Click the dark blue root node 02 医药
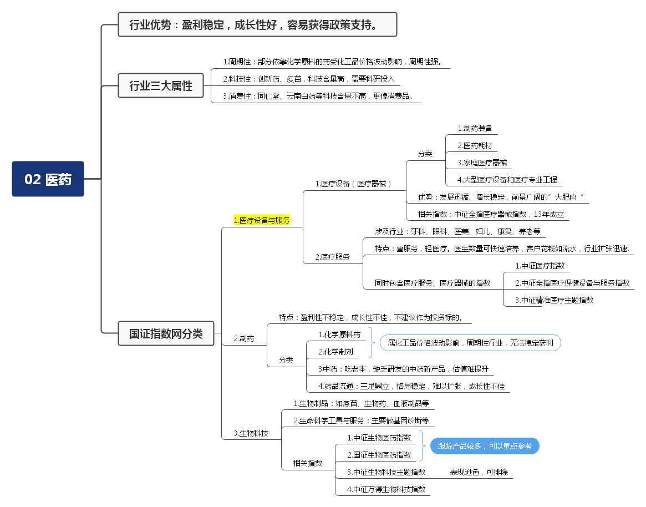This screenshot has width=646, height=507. [48, 179]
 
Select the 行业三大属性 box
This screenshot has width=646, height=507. [161, 85]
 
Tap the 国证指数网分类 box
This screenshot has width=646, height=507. [166, 333]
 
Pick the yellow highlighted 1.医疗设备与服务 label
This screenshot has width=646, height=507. [262, 220]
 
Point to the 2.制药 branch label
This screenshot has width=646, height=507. [244, 338]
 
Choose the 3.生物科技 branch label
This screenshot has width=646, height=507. [251, 433]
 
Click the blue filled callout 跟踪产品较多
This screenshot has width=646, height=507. [485, 446]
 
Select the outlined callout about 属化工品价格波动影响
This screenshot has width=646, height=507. [470, 343]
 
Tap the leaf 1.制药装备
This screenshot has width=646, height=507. [475, 128]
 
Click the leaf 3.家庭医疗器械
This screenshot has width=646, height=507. [482, 163]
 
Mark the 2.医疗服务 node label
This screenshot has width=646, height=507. [333, 257]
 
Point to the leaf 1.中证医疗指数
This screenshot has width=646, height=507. [540, 266]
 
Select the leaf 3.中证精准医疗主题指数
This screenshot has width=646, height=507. [555, 300]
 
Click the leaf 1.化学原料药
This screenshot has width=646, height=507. [339, 334]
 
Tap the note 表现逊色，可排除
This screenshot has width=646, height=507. [479, 472]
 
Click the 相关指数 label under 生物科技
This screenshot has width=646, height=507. [308, 463]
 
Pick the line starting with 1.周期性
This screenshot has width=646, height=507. [332, 62]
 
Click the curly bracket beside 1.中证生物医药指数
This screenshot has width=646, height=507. [422, 446]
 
